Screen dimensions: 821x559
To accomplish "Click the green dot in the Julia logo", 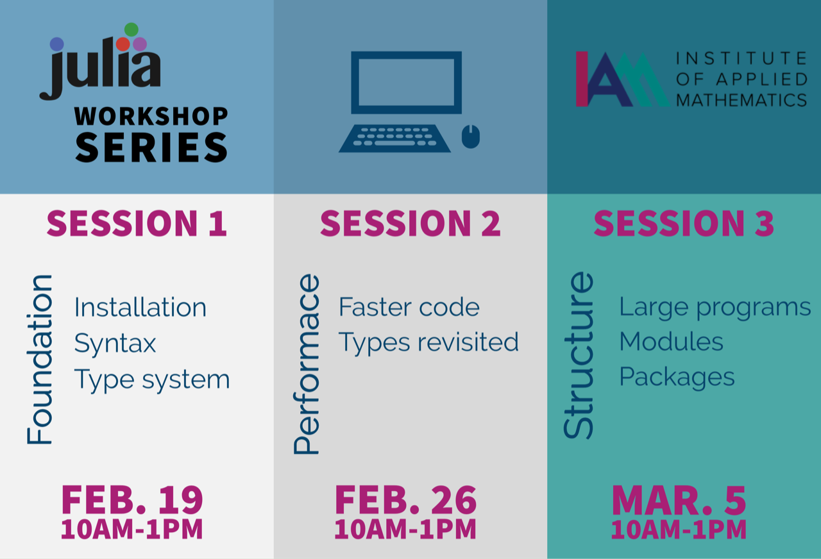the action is pyautogui.click(x=131, y=29).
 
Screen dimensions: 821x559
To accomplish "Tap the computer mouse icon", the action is pyautogui.click(x=471, y=137).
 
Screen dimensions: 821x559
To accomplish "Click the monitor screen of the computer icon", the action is pyautogui.click(x=406, y=83).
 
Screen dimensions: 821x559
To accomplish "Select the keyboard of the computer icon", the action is pyautogui.click(x=394, y=138).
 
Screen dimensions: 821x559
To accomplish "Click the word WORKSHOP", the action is pyautogui.click(x=151, y=116).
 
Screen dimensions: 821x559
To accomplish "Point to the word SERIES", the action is pyautogui.click(x=151, y=147).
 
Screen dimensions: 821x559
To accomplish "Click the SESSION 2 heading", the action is pyautogui.click(x=410, y=223).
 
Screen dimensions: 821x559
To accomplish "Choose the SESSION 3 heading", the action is pyautogui.click(x=684, y=223).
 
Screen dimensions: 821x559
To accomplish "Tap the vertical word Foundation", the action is pyautogui.click(x=40, y=360).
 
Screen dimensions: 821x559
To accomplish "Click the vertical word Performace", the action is pyautogui.click(x=307, y=364).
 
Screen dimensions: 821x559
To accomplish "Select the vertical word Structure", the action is pyautogui.click(x=578, y=355).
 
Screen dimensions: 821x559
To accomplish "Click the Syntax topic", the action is pyautogui.click(x=115, y=344).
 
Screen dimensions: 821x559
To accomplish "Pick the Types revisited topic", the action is pyautogui.click(x=428, y=342).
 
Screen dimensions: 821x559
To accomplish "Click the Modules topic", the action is pyautogui.click(x=671, y=342).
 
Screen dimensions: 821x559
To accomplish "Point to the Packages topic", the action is pyautogui.click(x=677, y=377).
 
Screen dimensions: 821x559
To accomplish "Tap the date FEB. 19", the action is pyautogui.click(x=132, y=499).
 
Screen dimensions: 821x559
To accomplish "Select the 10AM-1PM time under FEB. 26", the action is pyautogui.click(x=405, y=529).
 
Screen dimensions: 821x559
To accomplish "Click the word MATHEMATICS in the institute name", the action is pyautogui.click(x=741, y=100).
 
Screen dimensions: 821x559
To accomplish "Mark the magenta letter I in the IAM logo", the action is pyautogui.click(x=582, y=79).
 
